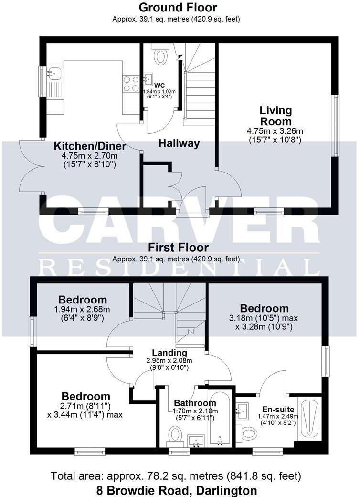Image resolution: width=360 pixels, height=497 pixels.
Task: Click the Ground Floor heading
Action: pos(178,8)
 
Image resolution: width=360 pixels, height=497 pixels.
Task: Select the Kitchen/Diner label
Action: pos(90,146)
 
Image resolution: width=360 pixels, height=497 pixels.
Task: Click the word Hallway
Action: pos(179,143)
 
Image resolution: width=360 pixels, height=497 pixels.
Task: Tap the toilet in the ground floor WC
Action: pos(160,55)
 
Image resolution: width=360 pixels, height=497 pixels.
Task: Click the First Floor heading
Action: pos(178,248)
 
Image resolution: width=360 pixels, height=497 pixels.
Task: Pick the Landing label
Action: pos(169,352)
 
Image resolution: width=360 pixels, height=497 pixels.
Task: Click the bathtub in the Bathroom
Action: pos(220,419)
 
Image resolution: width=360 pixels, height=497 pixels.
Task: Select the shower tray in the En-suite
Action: pos(309,419)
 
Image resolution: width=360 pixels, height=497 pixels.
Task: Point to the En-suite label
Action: pos(277,410)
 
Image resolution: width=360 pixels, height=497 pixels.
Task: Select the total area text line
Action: pos(176,476)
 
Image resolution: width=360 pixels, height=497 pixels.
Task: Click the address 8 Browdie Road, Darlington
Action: pos(176,490)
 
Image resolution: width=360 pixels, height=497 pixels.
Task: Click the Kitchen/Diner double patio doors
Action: pos(32,166)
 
